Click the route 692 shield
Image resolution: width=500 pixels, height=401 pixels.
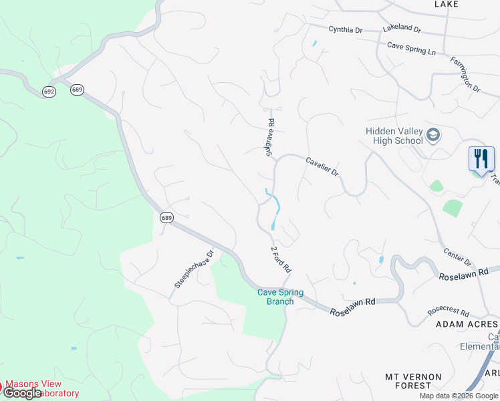[49, 91]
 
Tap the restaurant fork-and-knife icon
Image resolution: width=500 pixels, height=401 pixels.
[481, 159]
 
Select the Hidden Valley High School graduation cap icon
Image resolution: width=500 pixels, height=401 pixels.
[433, 135]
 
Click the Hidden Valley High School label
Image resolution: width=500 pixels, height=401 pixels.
[394, 136]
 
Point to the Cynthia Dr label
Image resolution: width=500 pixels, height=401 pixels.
[345, 30]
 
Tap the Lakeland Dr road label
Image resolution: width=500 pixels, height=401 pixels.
[402, 29]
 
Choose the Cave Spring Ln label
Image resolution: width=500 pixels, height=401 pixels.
[411, 48]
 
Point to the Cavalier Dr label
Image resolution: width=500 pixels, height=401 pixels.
[322, 166]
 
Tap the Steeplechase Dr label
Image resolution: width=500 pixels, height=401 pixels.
[193, 269]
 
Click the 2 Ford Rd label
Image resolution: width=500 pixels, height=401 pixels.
[281, 259]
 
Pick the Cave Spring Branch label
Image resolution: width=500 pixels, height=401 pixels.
[280, 297]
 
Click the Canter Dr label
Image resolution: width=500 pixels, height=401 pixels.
[458, 256]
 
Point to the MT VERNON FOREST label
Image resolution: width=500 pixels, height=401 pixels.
[413, 381]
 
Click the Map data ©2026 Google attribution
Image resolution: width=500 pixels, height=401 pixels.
[459, 396]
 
